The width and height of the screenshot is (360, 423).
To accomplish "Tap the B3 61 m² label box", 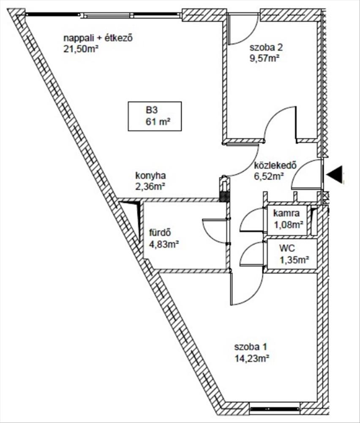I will [x=155, y=116].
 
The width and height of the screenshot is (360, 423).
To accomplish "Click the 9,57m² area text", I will [x=265, y=58].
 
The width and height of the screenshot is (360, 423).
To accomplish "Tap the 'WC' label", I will [x=286, y=248].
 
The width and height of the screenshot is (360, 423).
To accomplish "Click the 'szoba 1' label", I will [x=250, y=347].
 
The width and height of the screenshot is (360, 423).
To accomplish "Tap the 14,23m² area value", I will [x=252, y=358].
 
